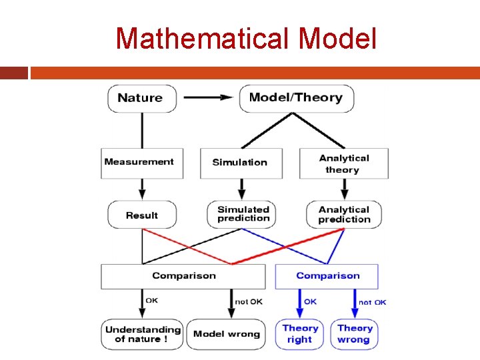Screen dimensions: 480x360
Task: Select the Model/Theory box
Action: pos(296,98)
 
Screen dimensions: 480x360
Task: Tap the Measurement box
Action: pos(142,162)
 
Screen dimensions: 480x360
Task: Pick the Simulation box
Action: pos(241,163)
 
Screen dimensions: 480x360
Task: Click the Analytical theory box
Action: pos(343,163)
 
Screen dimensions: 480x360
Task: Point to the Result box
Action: pos(142,215)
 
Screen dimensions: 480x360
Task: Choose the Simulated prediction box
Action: pos(243,214)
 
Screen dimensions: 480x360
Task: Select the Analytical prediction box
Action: pos(344,215)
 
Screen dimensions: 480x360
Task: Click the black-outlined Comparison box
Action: pos(184,276)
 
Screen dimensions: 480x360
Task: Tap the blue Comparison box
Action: pos(327,276)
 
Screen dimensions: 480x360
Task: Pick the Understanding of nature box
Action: pos(142,334)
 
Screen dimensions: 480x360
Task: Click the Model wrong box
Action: pos(227,334)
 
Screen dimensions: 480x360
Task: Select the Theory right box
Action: pos(300,334)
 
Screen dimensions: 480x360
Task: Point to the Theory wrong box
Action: pos(354,334)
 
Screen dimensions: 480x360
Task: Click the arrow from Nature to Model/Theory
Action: pos(209,98)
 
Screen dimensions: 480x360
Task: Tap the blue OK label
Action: pos(310,302)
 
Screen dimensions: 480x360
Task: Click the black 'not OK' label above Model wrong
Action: pos(249,302)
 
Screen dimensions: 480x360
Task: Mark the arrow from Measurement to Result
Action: pos(142,190)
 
